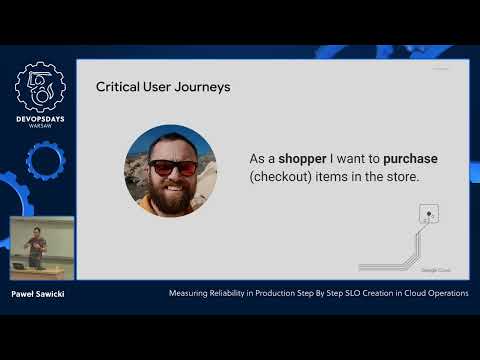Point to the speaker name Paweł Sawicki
(37, 294)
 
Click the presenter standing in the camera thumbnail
(34, 244)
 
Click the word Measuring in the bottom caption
(189, 294)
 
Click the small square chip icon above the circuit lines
(430, 213)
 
